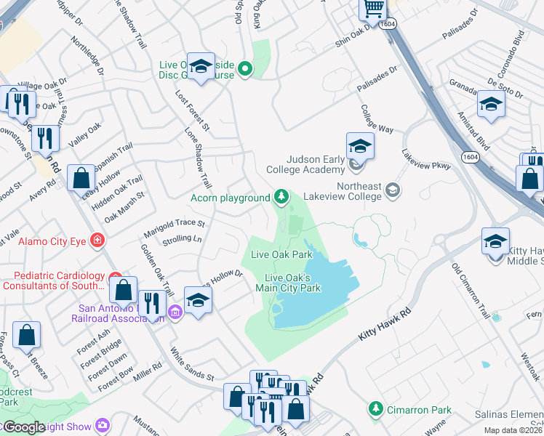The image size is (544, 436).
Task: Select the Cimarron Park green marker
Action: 376,410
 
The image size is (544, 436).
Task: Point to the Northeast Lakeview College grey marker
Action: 393,190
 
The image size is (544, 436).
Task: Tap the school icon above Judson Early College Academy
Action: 360,147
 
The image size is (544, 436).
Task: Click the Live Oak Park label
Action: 281,254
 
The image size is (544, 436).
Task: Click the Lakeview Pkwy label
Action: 426,160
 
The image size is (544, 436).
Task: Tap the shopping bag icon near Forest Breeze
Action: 27,335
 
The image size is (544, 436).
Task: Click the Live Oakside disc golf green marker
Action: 246,70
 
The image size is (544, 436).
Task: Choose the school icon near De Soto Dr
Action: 491,105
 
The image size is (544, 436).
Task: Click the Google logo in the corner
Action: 23,427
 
